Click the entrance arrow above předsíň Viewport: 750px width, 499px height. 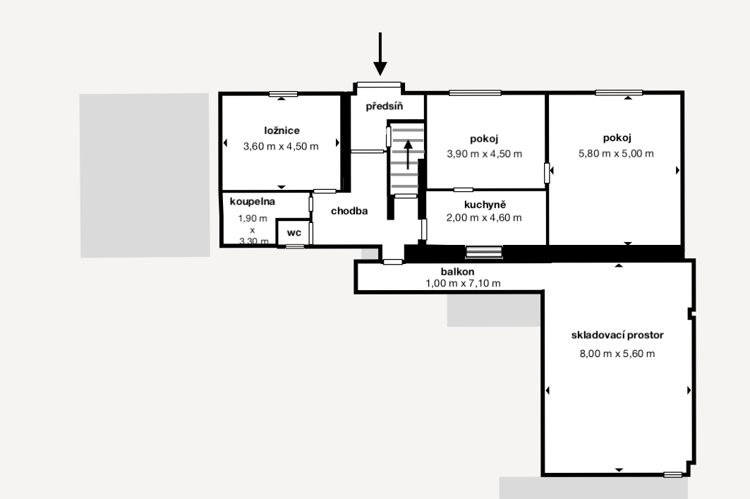[x=380, y=54]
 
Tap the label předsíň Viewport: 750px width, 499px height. [x=384, y=106]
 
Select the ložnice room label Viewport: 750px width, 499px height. [x=282, y=131]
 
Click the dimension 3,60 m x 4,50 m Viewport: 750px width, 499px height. [x=281, y=146]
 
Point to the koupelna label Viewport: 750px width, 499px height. [x=253, y=201]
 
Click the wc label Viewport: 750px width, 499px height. [x=294, y=233]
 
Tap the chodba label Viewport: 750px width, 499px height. [x=349, y=211]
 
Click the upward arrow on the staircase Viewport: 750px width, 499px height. [x=408, y=155]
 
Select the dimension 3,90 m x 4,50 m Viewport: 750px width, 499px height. [x=485, y=154]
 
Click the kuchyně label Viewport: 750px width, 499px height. [x=485, y=205]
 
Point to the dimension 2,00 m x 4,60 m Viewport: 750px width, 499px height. [x=484, y=217]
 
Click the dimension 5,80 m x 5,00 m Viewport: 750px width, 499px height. [x=616, y=154]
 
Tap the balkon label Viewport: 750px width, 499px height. [x=458, y=272]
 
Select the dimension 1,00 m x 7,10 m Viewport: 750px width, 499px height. [x=463, y=283]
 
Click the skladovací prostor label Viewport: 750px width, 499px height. [x=617, y=335]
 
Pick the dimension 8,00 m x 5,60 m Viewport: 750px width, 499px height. [x=617, y=354]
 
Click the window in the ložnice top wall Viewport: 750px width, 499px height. [x=283, y=95]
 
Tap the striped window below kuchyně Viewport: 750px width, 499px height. [x=484, y=252]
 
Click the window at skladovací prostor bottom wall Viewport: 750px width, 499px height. [x=673, y=474]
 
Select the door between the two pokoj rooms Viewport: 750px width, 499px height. [x=547, y=173]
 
